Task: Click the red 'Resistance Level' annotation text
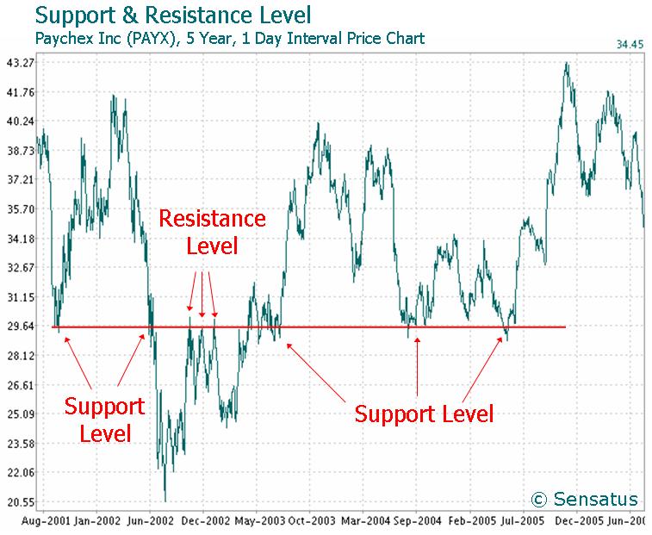pos(212,232)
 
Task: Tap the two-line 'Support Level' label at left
pos(104,419)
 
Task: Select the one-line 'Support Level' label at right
pos(425,414)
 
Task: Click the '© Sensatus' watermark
pos(585,499)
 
